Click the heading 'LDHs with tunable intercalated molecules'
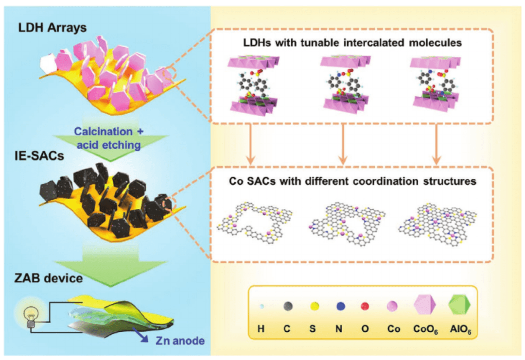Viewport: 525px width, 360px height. pyautogui.click(x=352, y=43)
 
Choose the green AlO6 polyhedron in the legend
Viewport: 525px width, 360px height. pyautogui.click(x=458, y=306)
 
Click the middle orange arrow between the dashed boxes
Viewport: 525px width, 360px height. pyautogui.click(x=343, y=146)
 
